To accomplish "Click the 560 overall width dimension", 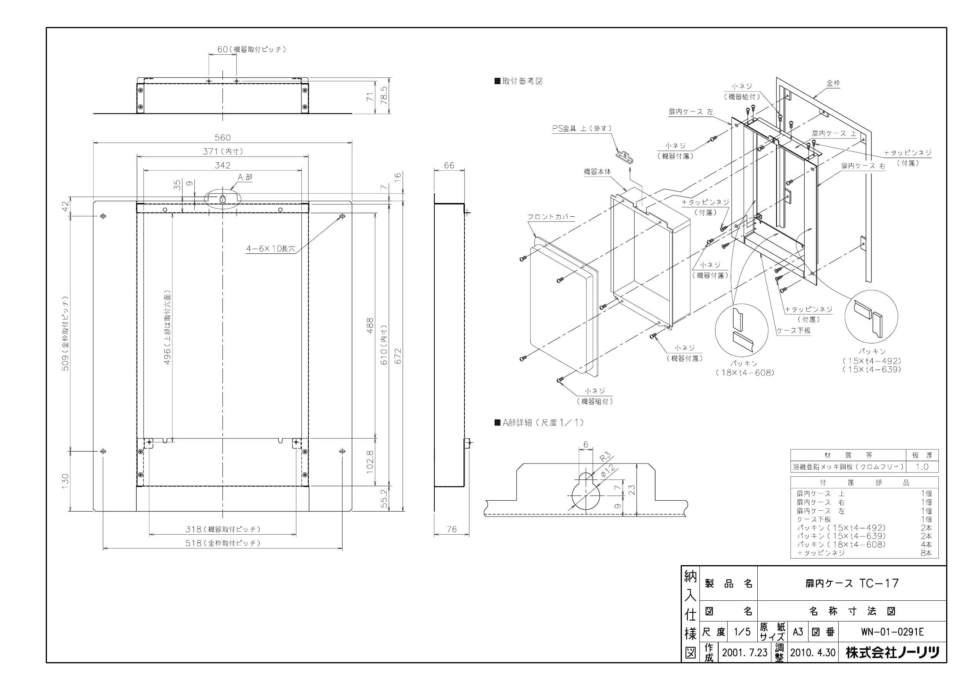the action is (222, 137).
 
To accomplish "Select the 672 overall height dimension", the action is (398, 356).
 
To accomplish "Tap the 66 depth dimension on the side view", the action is (449, 165).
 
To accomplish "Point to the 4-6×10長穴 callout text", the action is (271, 248).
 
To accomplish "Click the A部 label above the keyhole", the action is (245, 177).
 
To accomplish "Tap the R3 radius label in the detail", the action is (605, 457).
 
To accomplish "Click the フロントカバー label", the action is (551, 217).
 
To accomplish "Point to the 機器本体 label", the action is (597, 172).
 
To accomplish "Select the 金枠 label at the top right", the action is (833, 84).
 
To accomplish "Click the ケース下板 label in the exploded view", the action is (793, 330).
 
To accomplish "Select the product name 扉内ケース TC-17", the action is (852, 583).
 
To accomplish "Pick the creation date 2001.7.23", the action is (744, 652).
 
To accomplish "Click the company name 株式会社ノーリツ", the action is (892, 652).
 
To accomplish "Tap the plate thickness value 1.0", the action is (922, 467).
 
